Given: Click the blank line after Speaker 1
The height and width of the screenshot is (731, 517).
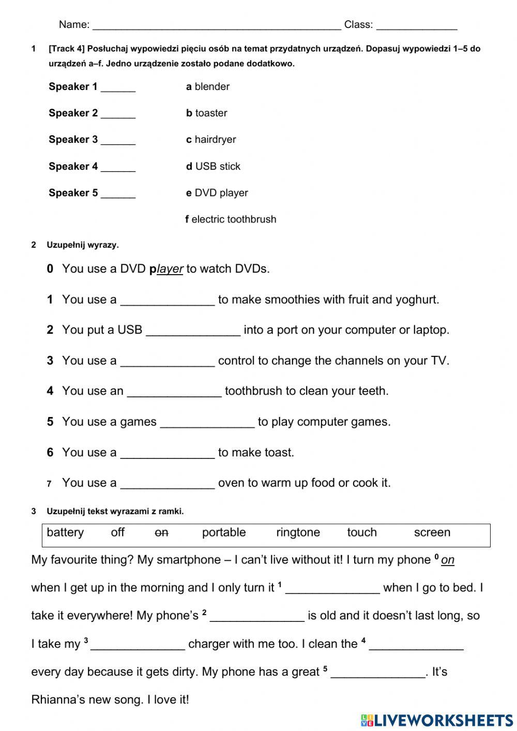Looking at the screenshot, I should (x=118, y=87).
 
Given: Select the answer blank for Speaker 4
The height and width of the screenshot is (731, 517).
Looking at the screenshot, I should (x=118, y=167).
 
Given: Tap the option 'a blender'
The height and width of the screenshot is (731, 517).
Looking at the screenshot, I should (x=207, y=87).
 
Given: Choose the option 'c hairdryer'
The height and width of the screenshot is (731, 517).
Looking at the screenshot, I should (x=211, y=140).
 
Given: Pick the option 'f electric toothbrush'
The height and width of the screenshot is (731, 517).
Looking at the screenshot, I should (x=231, y=219).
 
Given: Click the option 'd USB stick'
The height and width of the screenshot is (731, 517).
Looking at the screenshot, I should (x=213, y=167).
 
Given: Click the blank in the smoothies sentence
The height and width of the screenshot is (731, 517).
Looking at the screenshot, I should (x=167, y=301).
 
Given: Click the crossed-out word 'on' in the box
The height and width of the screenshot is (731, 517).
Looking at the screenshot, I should (x=162, y=533).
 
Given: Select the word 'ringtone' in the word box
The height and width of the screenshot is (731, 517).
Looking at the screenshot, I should (x=298, y=533).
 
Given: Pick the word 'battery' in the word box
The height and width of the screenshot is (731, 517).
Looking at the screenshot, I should (x=65, y=533).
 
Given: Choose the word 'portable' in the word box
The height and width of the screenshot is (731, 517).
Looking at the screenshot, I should (x=224, y=533).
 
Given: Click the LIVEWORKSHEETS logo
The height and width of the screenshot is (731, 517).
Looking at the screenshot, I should (x=437, y=720).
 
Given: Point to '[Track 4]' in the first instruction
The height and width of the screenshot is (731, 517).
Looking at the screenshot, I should (x=67, y=49).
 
